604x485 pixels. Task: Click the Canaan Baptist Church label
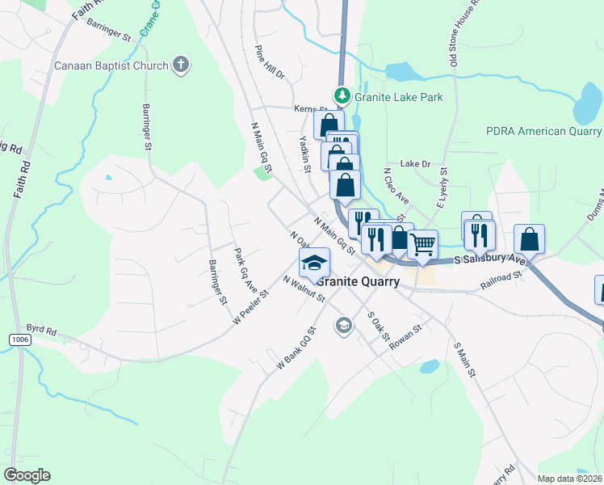click(111, 65)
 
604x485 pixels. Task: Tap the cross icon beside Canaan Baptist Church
click(181, 65)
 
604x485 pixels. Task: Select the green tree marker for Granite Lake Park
click(342, 97)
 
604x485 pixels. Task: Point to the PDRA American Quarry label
click(543, 131)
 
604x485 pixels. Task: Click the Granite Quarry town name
click(358, 282)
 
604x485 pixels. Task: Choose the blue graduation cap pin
click(314, 262)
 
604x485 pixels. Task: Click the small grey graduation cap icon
click(343, 326)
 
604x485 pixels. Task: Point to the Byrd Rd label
click(41, 331)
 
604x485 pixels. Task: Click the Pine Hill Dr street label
click(270, 62)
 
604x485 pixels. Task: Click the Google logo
click(27, 475)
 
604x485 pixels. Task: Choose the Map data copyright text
click(568, 479)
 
